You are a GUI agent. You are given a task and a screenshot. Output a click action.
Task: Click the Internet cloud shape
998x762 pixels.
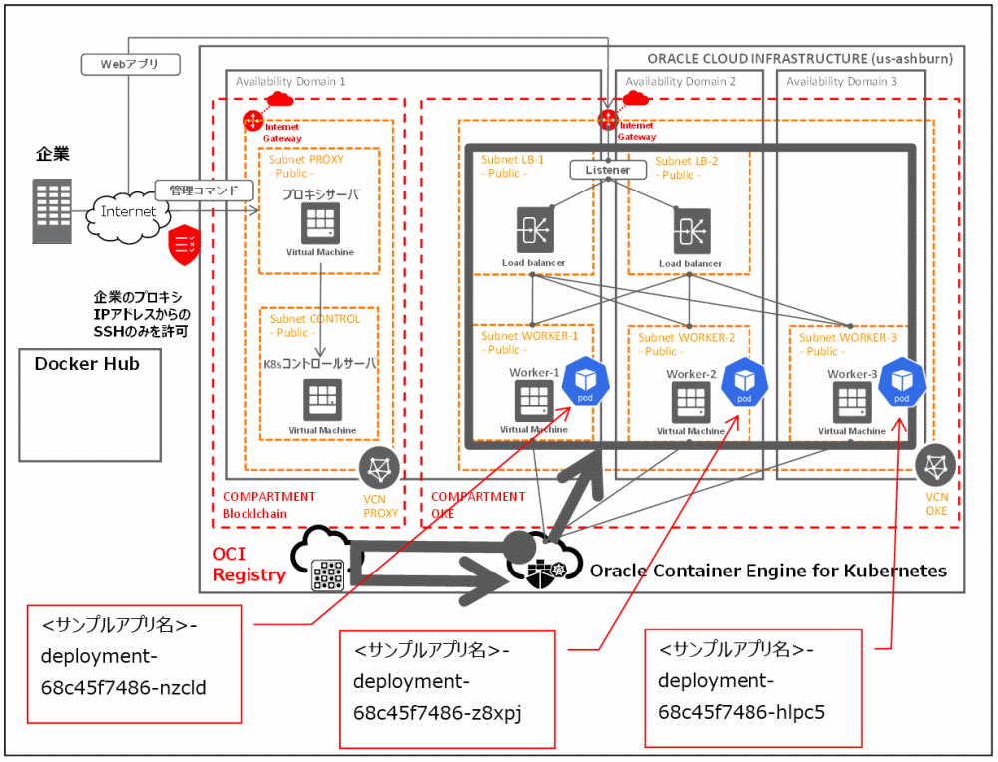coord(129,211)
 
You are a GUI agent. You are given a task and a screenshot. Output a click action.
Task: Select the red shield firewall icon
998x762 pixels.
coord(185,243)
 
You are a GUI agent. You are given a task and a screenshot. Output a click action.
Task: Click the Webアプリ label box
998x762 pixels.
coord(129,64)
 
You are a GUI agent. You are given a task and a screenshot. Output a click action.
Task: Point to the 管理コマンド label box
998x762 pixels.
coord(204,190)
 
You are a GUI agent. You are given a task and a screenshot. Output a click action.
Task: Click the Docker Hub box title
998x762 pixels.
coord(88,364)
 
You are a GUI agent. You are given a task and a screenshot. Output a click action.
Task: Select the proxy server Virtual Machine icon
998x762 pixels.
coord(321,223)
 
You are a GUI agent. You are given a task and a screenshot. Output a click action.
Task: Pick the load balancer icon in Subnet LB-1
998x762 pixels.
coord(533,231)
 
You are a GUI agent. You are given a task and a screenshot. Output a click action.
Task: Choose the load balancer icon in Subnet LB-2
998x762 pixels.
coord(691,231)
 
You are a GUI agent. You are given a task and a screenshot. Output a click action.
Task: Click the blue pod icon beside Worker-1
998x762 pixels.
coord(583,383)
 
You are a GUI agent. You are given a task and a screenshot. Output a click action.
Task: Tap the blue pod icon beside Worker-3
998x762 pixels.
coord(903,382)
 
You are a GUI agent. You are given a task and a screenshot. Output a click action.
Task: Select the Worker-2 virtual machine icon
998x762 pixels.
coord(690,403)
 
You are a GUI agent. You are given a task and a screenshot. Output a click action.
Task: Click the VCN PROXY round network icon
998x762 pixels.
coord(380,467)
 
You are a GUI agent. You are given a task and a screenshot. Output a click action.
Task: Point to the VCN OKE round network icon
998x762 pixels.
coord(935,466)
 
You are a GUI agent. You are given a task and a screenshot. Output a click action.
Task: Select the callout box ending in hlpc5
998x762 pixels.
coord(752,687)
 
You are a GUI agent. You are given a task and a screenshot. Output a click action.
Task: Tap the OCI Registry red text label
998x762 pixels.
coord(249,564)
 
